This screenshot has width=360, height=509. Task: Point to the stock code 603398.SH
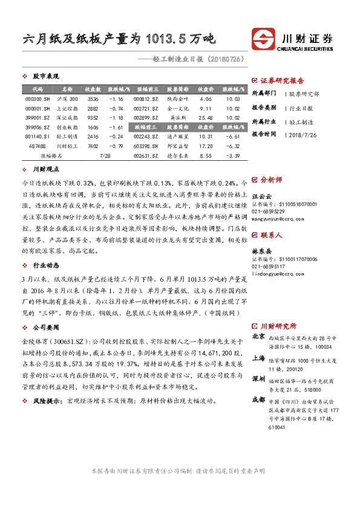point(147,146)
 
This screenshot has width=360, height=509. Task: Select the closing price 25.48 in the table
point(205,118)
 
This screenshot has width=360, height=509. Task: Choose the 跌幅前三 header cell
point(147,128)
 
